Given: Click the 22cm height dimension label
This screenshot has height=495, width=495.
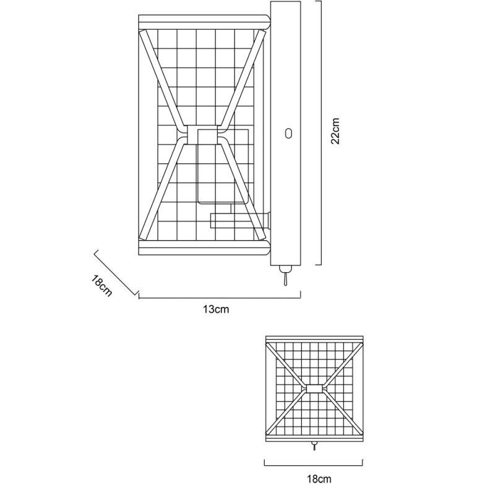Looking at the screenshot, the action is (x=335, y=131).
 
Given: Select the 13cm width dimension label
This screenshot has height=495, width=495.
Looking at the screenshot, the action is (x=216, y=309).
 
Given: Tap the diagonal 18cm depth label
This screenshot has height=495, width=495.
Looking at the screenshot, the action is (x=101, y=286).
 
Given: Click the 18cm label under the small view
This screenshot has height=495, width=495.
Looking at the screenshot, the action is (x=319, y=479).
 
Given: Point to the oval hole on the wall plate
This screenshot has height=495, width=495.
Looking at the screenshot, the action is (x=288, y=133).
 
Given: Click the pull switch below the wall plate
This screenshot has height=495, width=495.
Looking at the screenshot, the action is (x=285, y=275).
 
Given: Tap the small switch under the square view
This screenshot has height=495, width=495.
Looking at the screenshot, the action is (x=314, y=445).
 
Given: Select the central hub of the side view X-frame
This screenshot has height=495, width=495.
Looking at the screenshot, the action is (x=202, y=134).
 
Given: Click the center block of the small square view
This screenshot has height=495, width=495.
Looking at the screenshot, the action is (x=314, y=389).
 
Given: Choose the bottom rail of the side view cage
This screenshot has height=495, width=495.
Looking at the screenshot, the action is (x=204, y=249).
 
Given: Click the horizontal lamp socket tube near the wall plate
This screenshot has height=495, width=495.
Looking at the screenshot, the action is (x=240, y=221).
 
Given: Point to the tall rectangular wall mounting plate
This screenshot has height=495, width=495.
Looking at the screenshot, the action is (x=285, y=133).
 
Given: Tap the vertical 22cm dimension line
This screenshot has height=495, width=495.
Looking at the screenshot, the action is (x=321, y=133).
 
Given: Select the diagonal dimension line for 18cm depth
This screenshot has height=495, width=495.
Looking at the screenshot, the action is (x=116, y=273).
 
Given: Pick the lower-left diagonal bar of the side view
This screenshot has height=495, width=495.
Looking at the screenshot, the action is (x=163, y=190).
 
